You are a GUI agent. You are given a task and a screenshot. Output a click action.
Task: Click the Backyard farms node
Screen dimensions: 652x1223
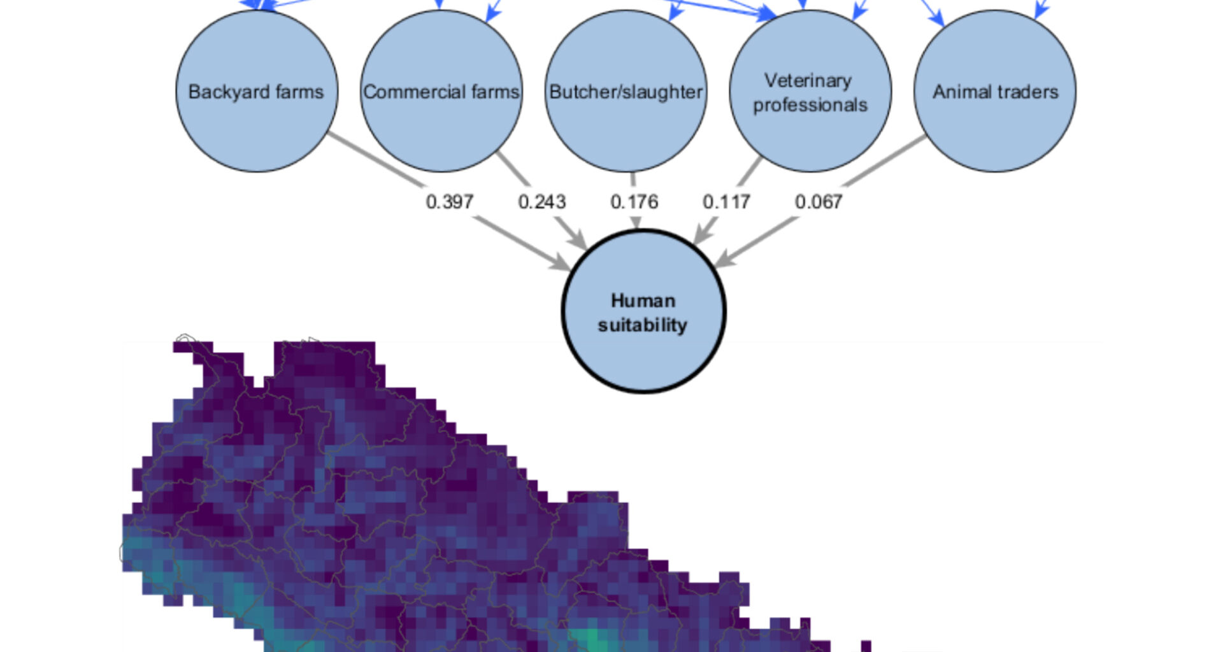257,91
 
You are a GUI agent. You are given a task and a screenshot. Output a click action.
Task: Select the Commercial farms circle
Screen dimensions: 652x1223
441,91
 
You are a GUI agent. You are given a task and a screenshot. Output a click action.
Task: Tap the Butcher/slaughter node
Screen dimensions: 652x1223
626,91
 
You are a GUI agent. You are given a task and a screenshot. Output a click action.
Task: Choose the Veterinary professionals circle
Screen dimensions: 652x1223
810,91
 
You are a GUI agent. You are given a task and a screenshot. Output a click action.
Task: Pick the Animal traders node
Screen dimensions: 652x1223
995,91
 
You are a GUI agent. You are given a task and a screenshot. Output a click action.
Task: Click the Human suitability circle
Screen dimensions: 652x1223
643,312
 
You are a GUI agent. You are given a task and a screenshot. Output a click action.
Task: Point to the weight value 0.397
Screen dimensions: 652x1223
449,202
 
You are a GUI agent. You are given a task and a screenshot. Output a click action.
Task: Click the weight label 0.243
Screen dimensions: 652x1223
541,202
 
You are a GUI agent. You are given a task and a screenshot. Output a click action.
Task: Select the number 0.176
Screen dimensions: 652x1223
634,202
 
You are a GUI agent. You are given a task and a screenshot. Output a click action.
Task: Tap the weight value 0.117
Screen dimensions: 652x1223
726,202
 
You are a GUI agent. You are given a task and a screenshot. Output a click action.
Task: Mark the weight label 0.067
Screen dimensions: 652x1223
819,202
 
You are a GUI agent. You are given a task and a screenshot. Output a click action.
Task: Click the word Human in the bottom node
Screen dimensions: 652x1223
643,301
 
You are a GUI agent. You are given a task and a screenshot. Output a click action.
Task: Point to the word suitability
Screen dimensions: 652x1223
642,325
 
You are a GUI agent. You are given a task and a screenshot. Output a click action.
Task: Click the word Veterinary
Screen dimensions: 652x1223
808,80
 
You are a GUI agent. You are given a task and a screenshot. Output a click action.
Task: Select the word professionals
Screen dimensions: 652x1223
810,104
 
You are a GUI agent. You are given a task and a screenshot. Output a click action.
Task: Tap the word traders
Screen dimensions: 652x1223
1027,92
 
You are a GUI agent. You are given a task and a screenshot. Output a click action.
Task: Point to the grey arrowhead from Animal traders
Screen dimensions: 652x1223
724,260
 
